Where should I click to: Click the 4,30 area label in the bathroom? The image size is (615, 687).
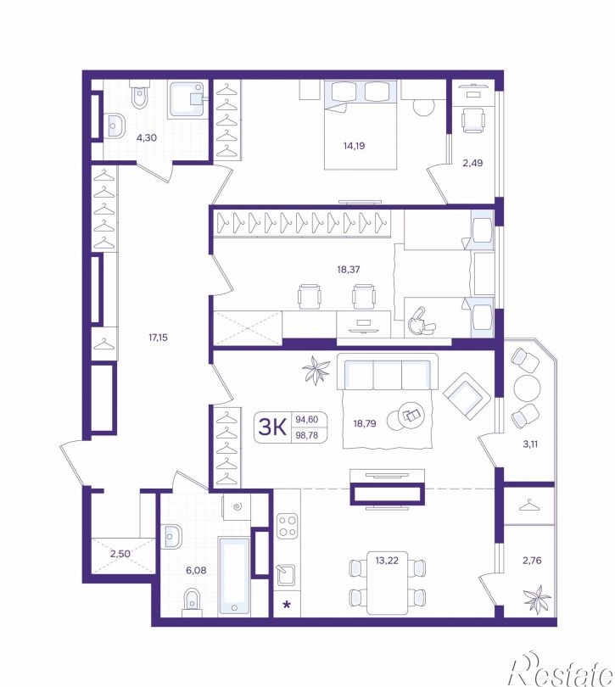pos(147,137)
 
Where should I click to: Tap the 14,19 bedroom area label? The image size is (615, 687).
pos(355,146)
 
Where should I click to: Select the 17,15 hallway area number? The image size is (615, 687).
pos(158,338)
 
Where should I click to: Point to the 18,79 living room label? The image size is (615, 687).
pos(365,423)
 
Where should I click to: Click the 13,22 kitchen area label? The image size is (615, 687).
pos(387,560)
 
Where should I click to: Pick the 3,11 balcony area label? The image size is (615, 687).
pos(530,444)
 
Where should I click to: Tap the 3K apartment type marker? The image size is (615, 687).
pos(272,427)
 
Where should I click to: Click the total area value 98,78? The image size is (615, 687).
pos(307,434)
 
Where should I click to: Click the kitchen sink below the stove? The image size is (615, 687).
pos(284,575)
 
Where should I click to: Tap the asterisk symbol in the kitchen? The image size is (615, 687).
pos(287,605)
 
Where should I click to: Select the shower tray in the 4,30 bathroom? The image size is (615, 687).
pos(187,99)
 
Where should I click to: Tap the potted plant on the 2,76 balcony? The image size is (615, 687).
pos(537,599)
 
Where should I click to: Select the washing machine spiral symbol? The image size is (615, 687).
pos(238,507)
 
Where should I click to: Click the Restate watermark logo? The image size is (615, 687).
pos(561,671)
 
